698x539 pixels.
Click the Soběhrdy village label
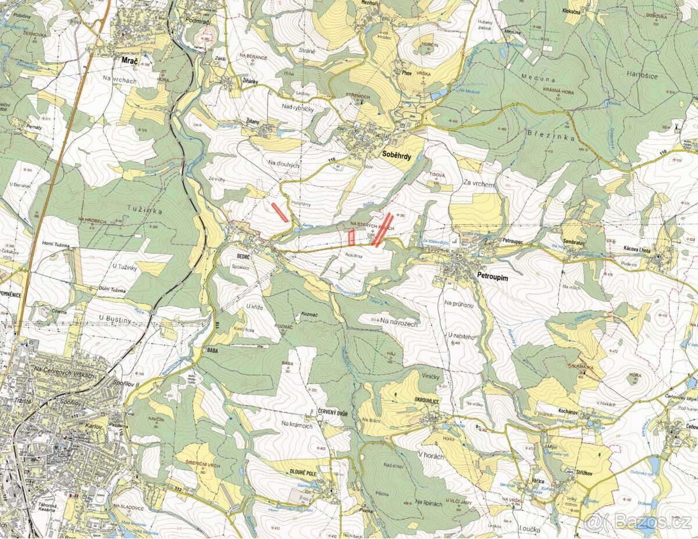(x=397, y=154)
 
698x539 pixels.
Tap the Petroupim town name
(x=492, y=278)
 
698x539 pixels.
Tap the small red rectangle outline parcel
(x=351, y=237)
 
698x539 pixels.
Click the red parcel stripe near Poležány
(x=280, y=212)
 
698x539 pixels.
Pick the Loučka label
(x=527, y=530)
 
